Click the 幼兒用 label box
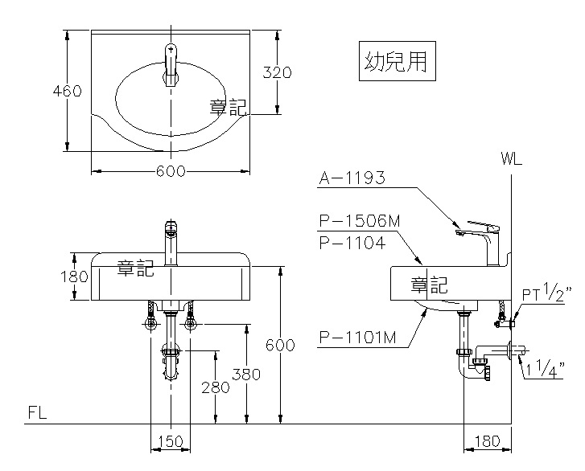point(396,62)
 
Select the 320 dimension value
point(278,72)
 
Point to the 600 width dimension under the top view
point(171,170)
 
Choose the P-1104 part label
point(352,242)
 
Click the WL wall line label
point(511,158)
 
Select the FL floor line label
point(37,412)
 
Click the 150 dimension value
point(170,442)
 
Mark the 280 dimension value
point(216,387)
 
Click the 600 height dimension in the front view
point(280,345)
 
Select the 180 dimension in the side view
point(488,442)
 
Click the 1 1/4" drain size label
point(549,369)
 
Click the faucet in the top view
point(171,64)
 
